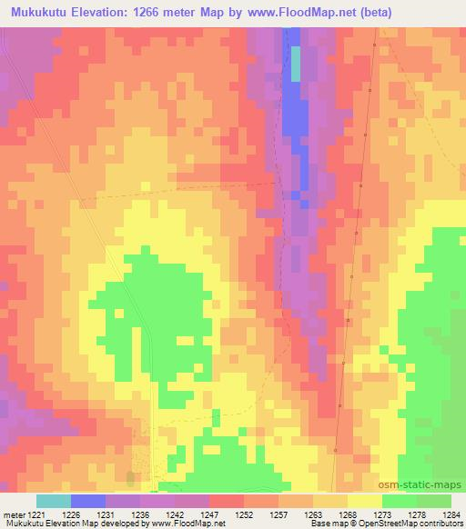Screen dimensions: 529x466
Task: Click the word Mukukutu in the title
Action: pyautogui.click(x=42, y=13)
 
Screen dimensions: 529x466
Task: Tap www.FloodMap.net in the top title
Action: pyautogui.click(x=337, y=13)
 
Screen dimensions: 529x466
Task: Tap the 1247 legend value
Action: pyautogui.click(x=210, y=514)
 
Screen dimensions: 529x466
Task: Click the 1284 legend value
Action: pyautogui.click(x=451, y=514)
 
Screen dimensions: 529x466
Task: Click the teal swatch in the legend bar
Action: pyautogui.click(x=54, y=501)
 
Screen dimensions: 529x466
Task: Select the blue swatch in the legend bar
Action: pyautogui.click(x=88, y=501)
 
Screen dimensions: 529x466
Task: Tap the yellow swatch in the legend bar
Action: pyautogui.click(x=365, y=501)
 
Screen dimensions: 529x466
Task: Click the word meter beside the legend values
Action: pyautogui.click(x=12, y=514)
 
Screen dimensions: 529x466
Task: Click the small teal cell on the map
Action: pyautogui.click(x=295, y=64)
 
